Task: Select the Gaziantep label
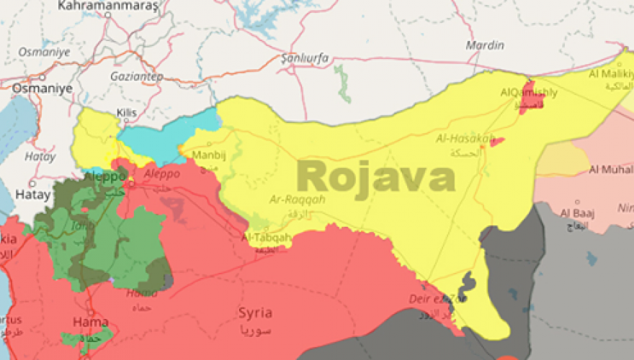(x=137, y=76)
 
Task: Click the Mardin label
(x=485, y=45)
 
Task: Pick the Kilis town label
(x=125, y=113)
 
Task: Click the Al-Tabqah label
(x=267, y=237)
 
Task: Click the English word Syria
(x=255, y=313)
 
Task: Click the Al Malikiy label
(x=611, y=74)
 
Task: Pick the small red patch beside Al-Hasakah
(x=496, y=142)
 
